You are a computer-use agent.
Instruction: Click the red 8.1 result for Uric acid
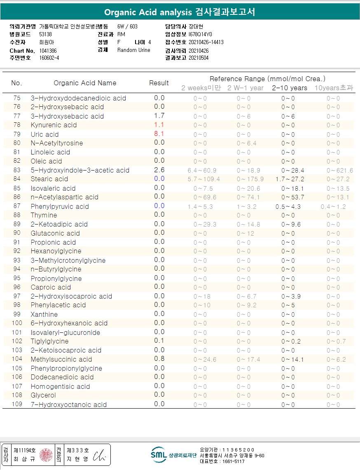click(x=159, y=134)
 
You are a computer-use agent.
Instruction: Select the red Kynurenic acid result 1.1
click(x=159, y=125)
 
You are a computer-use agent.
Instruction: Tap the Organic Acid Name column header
click(x=85, y=83)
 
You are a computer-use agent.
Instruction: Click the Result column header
click(x=159, y=83)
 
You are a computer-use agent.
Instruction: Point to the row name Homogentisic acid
click(x=60, y=386)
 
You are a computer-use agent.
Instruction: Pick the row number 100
click(x=17, y=323)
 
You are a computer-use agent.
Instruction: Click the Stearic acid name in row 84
click(x=49, y=179)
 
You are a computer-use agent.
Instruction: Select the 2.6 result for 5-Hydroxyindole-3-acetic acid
click(x=159, y=170)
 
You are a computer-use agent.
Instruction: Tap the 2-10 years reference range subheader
click(x=289, y=88)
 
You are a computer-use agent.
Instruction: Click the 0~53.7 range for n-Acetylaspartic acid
click(x=290, y=197)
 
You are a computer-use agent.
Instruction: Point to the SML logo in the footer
click(x=159, y=455)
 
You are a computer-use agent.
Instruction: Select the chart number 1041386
click(x=48, y=51)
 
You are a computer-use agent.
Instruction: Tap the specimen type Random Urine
click(x=134, y=50)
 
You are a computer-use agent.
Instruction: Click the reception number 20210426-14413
click(x=206, y=42)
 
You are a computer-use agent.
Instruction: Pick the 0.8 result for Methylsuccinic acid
click(x=159, y=359)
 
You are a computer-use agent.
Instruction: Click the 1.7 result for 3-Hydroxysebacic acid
click(x=159, y=116)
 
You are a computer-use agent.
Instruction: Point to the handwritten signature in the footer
click(x=99, y=455)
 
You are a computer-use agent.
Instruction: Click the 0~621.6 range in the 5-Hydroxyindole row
click(x=339, y=171)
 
